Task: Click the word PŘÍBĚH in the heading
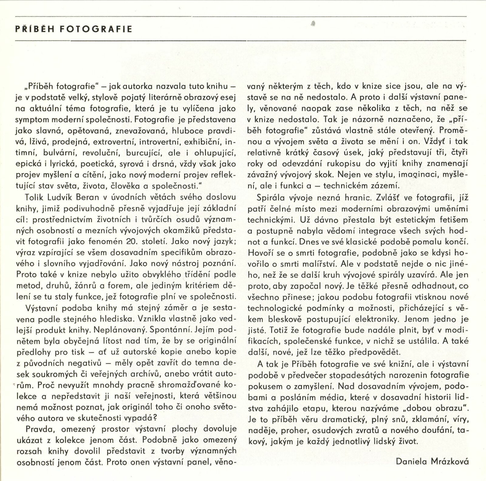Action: point(33,29)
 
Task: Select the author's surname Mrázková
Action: point(450,462)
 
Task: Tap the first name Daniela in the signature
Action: point(411,462)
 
